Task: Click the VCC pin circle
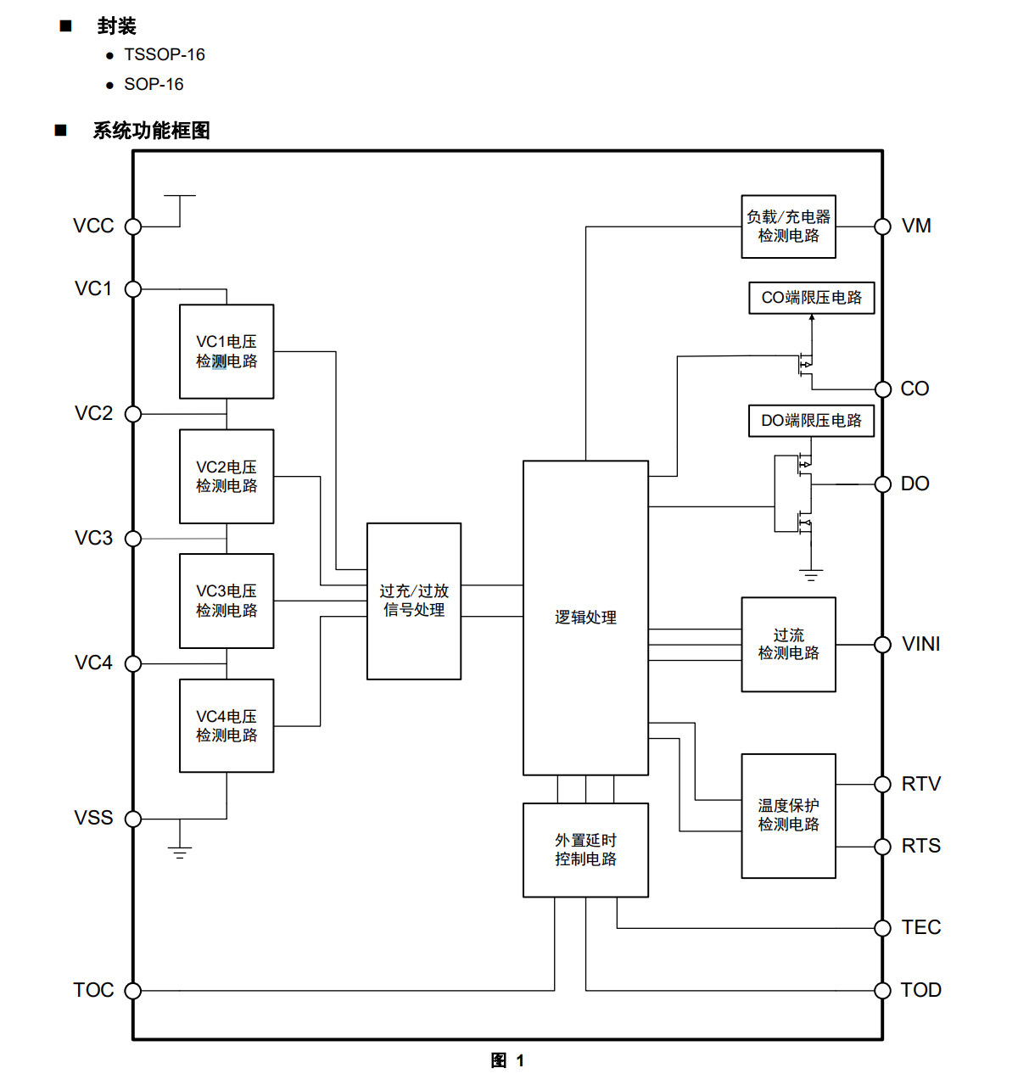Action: [x=133, y=227]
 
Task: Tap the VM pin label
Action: [x=916, y=226]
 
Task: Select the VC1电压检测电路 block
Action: [x=227, y=351]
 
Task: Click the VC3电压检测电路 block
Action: [x=227, y=601]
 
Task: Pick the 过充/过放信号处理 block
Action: [x=414, y=601]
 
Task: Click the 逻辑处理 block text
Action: [x=585, y=618]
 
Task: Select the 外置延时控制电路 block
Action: [x=585, y=849]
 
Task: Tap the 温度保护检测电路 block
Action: [x=788, y=816]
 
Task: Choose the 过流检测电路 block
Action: [x=788, y=644]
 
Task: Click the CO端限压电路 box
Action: [x=811, y=298]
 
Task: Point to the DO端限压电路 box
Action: [x=811, y=421]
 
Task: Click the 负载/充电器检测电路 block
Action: [x=788, y=227]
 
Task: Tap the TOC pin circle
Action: [x=133, y=991]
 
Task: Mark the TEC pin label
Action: [x=920, y=927]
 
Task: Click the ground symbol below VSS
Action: [x=180, y=852]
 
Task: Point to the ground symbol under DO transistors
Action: [x=811, y=574]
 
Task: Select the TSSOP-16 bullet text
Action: [x=164, y=54]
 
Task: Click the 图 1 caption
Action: [x=507, y=1060]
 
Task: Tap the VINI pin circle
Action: [x=882, y=645]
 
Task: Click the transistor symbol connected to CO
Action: [x=805, y=365]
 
